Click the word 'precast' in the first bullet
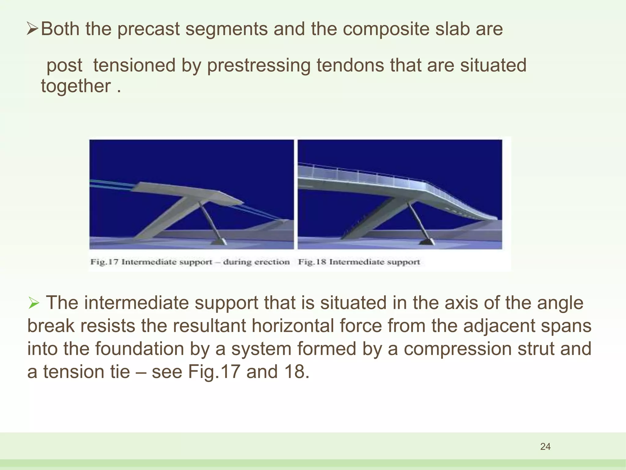point(148,29)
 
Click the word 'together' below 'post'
point(76,86)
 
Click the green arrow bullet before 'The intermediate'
point(34,304)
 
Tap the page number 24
point(545,446)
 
